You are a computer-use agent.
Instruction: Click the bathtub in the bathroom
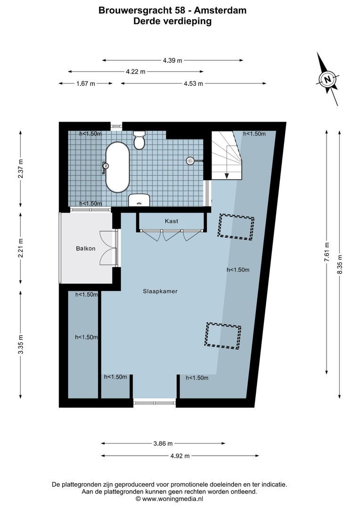pyautogui.click(x=117, y=167)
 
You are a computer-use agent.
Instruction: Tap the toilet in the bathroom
pyautogui.click(x=139, y=140)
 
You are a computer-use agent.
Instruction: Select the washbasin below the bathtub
pyautogui.click(x=139, y=200)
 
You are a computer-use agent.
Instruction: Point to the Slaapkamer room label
pyautogui.click(x=160, y=291)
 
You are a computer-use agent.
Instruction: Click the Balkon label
pyautogui.click(x=86, y=248)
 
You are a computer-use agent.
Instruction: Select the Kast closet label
pyautogui.click(x=171, y=221)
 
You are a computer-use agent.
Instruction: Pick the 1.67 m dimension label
pyautogui.click(x=86, y=83)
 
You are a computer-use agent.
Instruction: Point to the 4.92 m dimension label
pyautogui.click(x=180, y=456)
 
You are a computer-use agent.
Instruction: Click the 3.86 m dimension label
pyautogui.click(x=164, y=443)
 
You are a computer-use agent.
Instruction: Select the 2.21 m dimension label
pyautogui.click(x=20, y=248)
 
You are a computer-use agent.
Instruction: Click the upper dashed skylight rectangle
pyautogui.click(x=236, y=227)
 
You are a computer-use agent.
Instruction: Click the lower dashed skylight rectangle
pyautogui.click(x=223, y=336)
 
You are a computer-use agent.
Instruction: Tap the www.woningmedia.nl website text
pyautogui.click(x=172, y=498)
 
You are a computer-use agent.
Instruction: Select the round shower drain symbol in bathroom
pyautogui.click(x=190, y=161)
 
